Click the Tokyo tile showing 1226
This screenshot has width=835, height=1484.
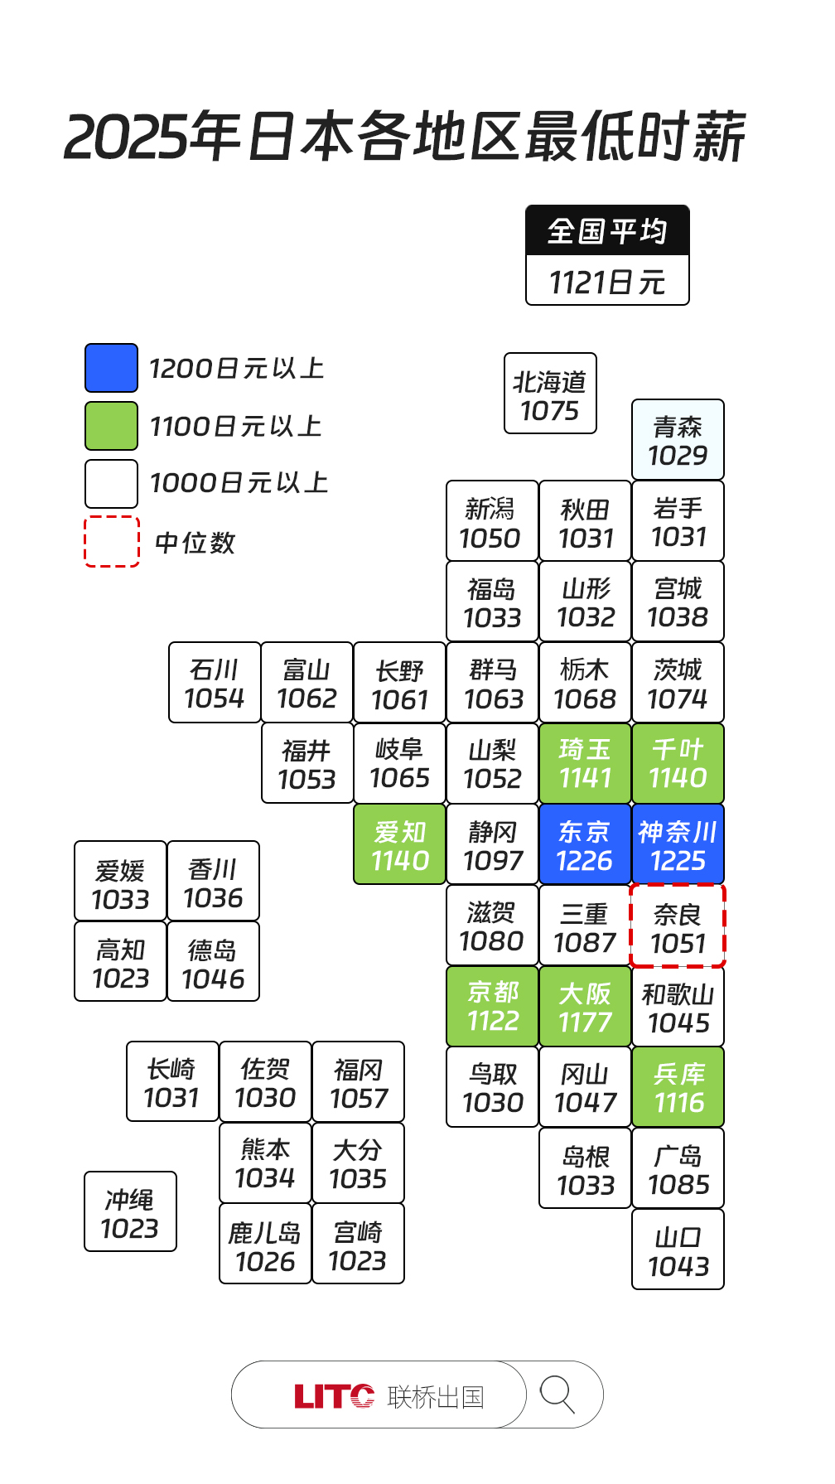point(584,844)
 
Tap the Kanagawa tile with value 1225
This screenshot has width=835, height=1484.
point(678,844)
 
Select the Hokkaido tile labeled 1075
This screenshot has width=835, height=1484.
point(550,394)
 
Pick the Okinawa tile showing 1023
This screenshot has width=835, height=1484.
point(130,1211)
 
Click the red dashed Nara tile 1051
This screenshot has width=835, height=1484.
point(678,926)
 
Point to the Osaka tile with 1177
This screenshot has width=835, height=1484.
point(584,1007)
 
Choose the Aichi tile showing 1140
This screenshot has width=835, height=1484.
point(399,844)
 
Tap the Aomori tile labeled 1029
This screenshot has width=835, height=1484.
point(678,440)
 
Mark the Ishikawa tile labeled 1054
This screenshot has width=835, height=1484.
point(215,683)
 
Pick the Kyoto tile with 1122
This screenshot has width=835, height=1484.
point(492,1007)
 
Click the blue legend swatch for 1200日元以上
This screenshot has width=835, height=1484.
point(111,368)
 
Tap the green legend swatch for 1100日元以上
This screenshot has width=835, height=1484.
point(111,426)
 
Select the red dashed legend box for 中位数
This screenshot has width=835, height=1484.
point(111,542)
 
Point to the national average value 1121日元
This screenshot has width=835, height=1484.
point(607,282)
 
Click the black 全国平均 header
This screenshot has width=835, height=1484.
point(607,230)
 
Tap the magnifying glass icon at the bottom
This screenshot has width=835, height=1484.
point(557,1395)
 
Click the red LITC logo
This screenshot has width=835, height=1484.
point(334,1397)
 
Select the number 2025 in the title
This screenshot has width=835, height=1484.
point(127,138)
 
